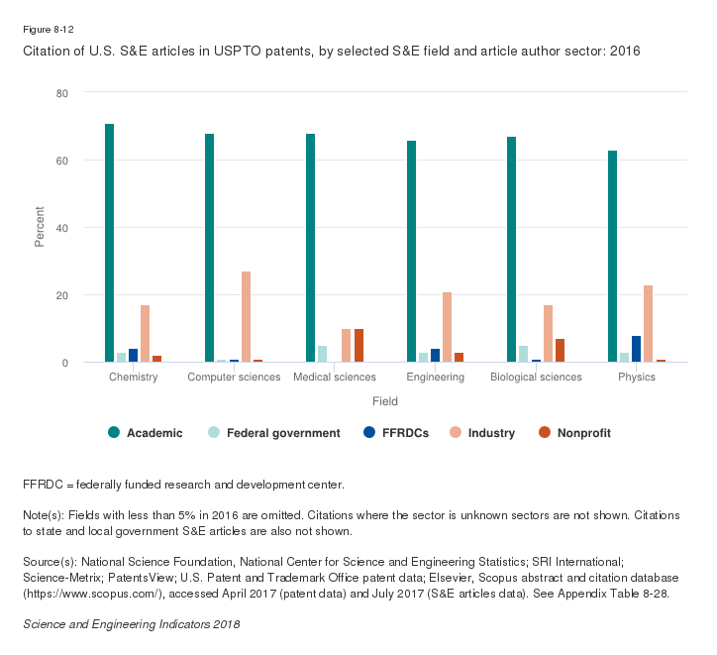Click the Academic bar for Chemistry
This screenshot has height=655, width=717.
pos(110,244)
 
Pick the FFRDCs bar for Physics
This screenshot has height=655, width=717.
pos(636,349)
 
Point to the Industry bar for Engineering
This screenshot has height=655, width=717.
pos(447,328)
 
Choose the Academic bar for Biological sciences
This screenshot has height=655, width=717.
pos(511,250)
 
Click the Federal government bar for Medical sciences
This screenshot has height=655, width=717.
pos(322,354)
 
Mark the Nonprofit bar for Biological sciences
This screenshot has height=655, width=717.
pos(560,351)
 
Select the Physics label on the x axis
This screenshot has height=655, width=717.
pos(636,378)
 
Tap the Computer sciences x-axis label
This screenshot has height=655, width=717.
pos(234,378)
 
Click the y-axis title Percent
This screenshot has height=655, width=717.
pos(41,227)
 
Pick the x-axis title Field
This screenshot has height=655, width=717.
pos(385,401)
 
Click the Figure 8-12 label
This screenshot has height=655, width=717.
pos(50,31)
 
